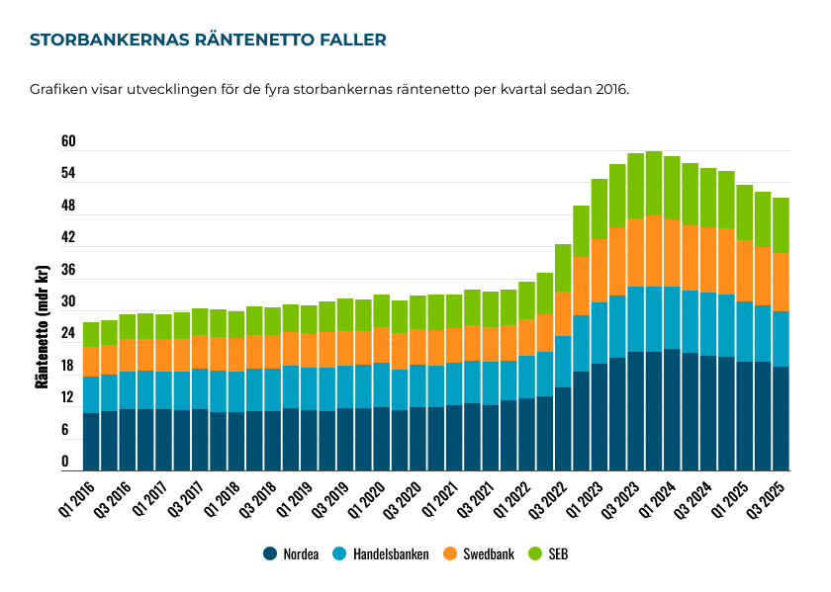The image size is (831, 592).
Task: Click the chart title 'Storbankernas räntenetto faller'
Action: [x=208, y=41]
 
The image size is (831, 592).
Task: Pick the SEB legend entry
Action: [x=550, y=554]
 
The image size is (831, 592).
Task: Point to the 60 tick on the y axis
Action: [x=68, y=142]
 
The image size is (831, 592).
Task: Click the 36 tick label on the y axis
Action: [x=68, y=270]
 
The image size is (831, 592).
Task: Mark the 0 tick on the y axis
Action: [x=65, y=462]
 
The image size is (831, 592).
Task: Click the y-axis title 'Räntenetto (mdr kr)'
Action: [x=43, y=326]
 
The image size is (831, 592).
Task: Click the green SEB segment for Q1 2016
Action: [x=91, y=334]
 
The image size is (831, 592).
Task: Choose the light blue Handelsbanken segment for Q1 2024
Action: [x=672, y=317]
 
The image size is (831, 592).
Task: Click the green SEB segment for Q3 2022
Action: [x=563, y=268]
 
